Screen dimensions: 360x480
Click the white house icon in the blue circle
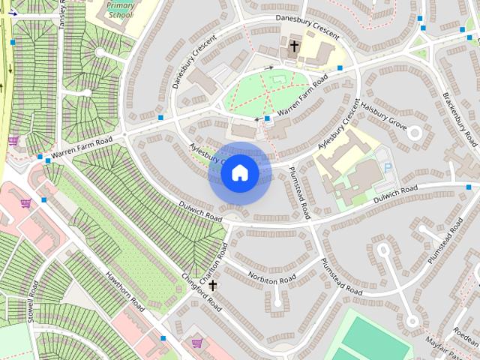pyautogui.click(x=239, y=172)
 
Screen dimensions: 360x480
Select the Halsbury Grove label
pyautogui.click(x=384, y=117)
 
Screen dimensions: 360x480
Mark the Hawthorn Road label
pyautogui.click(x=124, y=291)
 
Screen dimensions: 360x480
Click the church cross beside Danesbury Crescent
pyautogui.click(x=295, y=47)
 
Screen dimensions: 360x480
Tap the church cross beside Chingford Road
pyautogui.click(x=213, y=285)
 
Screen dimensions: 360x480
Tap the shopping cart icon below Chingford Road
pyautogui.click(x=196, y=343)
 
